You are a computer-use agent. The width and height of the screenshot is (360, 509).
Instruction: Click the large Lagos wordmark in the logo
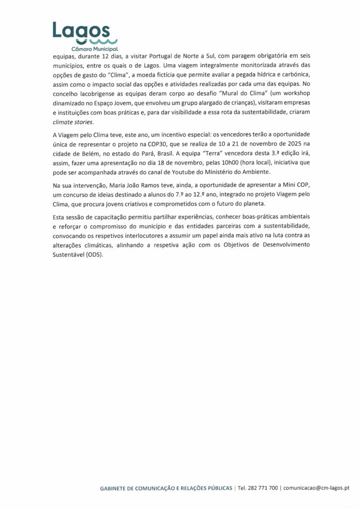pos(83,31)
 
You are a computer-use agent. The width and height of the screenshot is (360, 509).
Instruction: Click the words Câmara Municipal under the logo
pos(94,49)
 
